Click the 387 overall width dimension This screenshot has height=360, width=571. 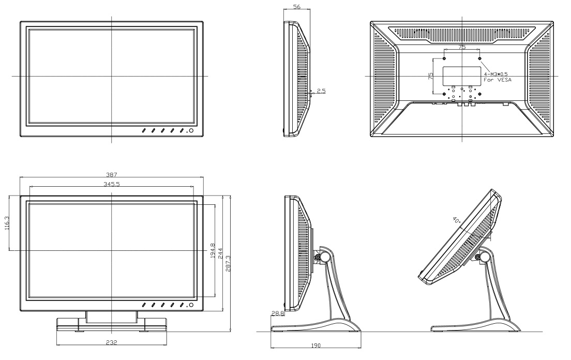(111, 175)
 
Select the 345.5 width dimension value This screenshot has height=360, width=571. (111, 184)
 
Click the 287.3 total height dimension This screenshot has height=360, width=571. (228, 264)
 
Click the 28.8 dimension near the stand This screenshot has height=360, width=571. (277, 313)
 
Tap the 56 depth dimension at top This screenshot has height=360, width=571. (297, 7)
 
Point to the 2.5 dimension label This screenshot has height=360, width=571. (321, 92)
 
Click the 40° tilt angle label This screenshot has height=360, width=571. (457, 220)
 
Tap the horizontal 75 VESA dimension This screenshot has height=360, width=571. (462, 47)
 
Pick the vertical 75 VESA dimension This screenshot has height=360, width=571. (430, 77)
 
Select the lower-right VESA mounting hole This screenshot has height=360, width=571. (480, 94)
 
